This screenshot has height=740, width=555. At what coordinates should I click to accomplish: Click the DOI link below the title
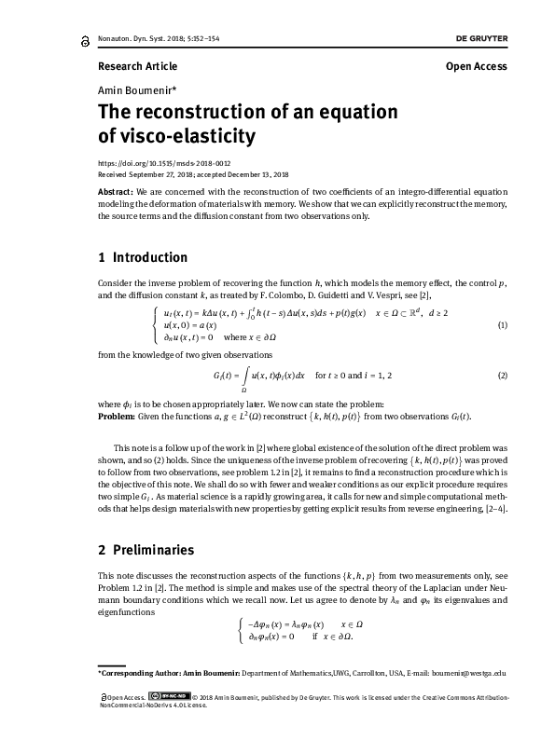click(151, 162)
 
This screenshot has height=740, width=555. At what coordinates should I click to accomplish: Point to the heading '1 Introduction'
click(143, 257)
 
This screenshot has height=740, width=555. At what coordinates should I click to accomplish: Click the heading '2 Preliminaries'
click(146, 550)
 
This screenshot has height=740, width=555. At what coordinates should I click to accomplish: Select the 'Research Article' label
click(137, 66)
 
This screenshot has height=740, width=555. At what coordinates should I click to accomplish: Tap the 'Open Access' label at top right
click(477, 66)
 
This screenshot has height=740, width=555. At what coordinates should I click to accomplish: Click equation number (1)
click(502, 324)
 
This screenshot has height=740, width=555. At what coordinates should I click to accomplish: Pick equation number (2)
click(502, 376)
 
